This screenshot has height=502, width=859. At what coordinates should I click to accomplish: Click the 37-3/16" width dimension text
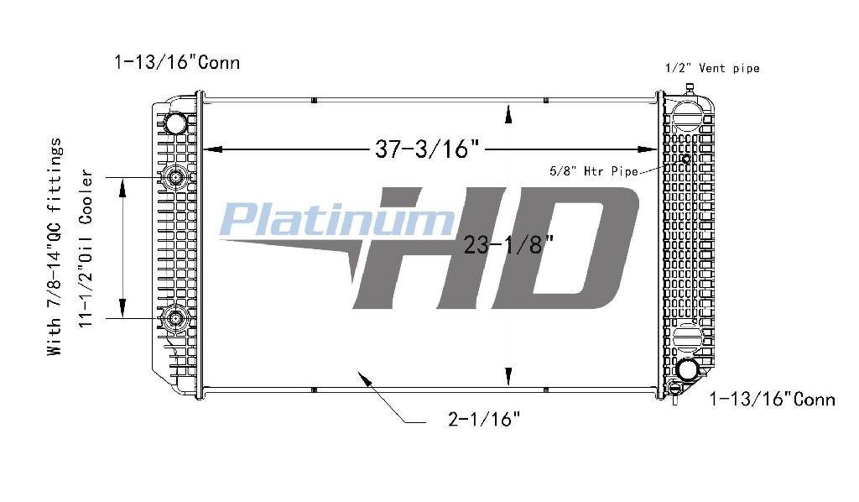[x=427, y=149]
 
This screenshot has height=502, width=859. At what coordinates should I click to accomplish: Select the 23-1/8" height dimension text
[x=509, y=244]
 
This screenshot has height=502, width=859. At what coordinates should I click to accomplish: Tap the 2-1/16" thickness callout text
[x=484, y=419]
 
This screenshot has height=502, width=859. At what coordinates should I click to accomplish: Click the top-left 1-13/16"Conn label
[x=177, y=62]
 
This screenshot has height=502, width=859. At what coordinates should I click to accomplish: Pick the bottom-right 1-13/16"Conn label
[x=773, y=399]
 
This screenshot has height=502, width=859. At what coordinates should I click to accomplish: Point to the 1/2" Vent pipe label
[x=712, y=68]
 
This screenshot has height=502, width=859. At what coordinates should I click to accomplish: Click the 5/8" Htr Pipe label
[x=595, y=171]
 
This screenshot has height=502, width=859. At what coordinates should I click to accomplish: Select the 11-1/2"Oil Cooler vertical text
[x=86, y=248]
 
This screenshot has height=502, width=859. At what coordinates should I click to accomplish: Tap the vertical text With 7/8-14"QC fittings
[x=55, y=247]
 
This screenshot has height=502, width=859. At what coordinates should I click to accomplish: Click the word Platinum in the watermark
[x=337, y=219]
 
